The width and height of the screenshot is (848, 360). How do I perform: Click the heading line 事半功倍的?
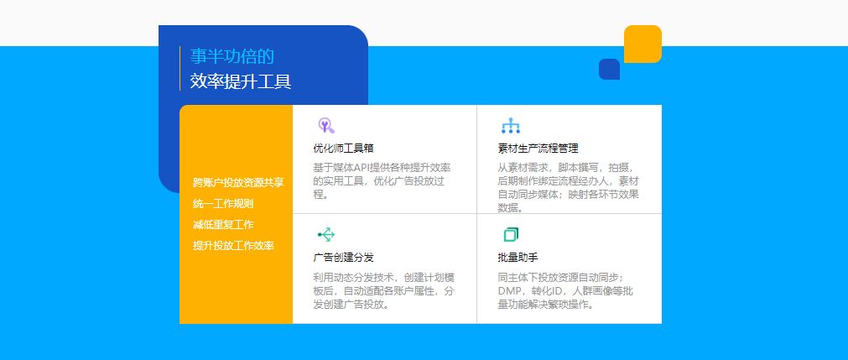point(232,56)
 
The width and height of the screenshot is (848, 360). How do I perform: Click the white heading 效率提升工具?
point(241,81)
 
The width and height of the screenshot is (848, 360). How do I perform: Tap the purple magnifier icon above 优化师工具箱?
point(325,126)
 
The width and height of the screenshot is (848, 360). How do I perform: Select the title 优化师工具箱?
point(343,149)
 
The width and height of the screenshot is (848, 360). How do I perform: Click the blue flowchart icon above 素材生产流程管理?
point(511,126)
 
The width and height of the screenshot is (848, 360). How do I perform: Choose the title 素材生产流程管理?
point(538,149)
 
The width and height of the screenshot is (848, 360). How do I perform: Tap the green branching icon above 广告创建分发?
point(326,234)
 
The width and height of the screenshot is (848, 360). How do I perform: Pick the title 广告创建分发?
point(343,257)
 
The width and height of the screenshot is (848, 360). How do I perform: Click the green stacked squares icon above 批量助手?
point(511,234)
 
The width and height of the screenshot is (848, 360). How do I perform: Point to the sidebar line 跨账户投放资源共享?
point(238,183)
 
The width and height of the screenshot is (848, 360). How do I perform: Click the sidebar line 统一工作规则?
point(223,204)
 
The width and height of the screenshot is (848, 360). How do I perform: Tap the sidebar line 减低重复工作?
point(223,225)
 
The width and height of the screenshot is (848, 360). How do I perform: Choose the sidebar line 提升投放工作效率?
point(234,245)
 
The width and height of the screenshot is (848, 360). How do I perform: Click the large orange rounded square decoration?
point(643,44)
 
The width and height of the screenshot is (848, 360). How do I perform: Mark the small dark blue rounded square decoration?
point(610,69)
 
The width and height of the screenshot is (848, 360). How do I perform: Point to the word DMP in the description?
point(508,291)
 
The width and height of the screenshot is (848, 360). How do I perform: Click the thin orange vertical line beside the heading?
point(179,69)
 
